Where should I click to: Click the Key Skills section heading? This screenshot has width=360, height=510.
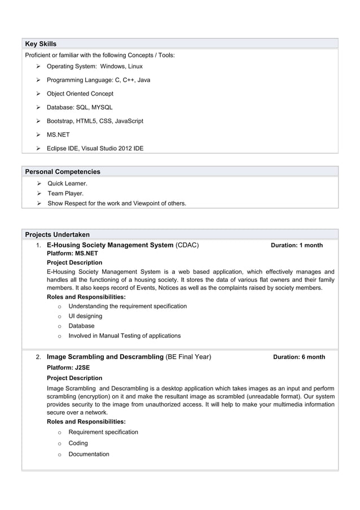[41, 43]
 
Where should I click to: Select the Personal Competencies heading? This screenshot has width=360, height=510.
[63, 171]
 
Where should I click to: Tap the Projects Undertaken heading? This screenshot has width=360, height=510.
[57, 234]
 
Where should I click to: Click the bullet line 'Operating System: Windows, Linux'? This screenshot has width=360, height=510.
[94, 67]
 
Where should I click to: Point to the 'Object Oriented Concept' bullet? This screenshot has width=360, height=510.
[80, 94]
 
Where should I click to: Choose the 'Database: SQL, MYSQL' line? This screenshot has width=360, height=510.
[80, 107]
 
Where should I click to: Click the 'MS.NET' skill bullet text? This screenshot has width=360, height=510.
[58, 135]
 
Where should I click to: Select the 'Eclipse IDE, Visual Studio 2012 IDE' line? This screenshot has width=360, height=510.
[95, 149]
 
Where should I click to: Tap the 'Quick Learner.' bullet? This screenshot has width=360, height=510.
[67, 184]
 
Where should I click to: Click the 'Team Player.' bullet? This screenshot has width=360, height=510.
[65, 193]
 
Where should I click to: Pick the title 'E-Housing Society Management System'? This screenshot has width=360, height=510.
[110, 245]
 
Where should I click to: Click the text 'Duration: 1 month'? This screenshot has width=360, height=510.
[297, 246]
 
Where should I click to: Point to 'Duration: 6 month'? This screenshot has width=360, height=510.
[299, 357]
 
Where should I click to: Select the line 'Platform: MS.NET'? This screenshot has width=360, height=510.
[72, 254]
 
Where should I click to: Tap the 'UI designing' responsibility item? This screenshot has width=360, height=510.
[85, 316]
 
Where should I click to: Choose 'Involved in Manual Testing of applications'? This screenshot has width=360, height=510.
[125, 335]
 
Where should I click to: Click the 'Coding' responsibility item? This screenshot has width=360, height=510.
[78, 443]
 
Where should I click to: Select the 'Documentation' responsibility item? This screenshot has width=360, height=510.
[89, 454]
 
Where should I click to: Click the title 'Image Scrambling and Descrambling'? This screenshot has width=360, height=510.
[105, 357]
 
